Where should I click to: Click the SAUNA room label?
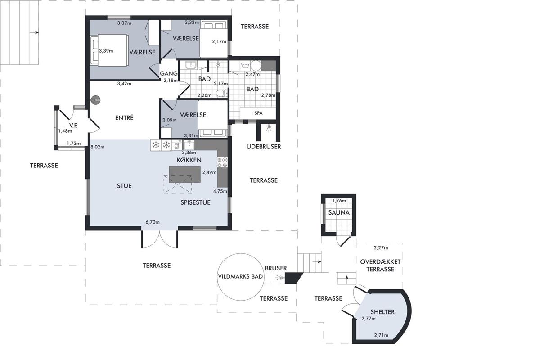[x=339, y=212]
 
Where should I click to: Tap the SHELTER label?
[x=382, y=312]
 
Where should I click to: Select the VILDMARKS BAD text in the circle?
[x=240, y=277]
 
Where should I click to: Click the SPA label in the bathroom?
[x=258, y=113]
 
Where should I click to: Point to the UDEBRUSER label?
[x=264, y=147]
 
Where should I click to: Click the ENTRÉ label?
[x=124, y=117]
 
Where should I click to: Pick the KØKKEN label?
[x=189, y=160]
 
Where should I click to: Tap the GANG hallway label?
[x=168, y=73]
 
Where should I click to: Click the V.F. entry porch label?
[x=73, y=126]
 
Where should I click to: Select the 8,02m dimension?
[x=98, y=147]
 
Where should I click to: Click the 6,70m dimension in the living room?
[x=153, y=222]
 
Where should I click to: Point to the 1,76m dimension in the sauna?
[x=339, y=201]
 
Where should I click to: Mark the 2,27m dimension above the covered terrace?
[x=381, y=247]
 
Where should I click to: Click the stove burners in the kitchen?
[x=222, y=162]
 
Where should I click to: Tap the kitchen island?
[x=184, y=175]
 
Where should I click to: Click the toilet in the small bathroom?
[x=221, y=93]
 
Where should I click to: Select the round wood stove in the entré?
[x=95, y=100]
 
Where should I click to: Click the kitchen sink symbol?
[x=189, y=145]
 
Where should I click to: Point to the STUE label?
[x=124, y=186]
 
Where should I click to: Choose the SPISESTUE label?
[x=195, y=202]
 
